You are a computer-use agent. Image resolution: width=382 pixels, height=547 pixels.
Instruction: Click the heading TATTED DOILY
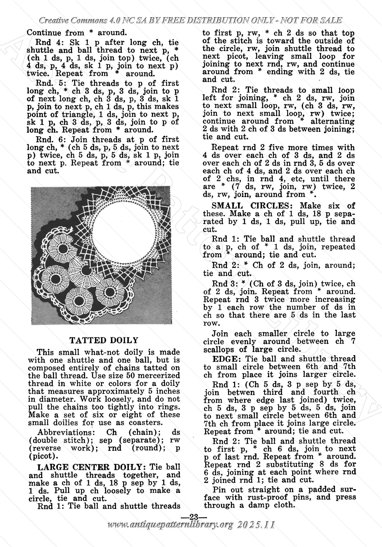(x=104, y=340)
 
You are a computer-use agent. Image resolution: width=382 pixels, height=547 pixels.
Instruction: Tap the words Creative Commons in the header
(x=73, y=20)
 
